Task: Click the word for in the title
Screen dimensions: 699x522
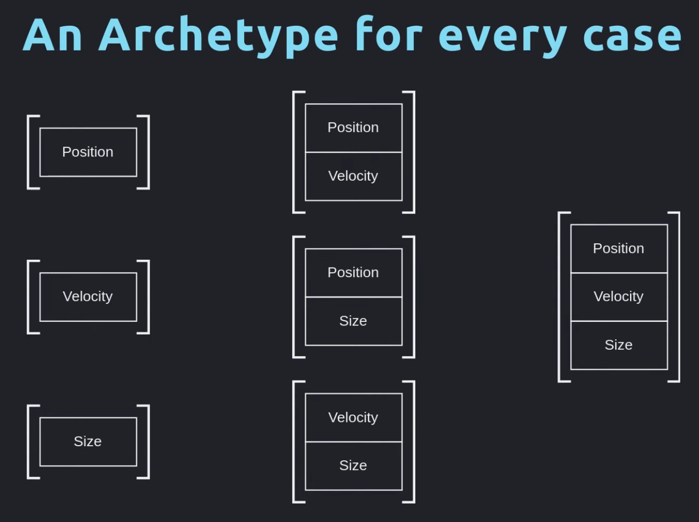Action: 389,33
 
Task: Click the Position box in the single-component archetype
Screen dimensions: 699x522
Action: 88,152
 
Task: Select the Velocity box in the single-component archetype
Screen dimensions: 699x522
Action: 88,297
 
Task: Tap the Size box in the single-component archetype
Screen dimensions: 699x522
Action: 88,442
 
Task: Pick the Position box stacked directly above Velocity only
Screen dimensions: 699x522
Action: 354,128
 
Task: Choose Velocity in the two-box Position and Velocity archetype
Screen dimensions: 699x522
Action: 354,176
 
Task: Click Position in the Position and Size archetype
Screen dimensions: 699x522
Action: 354,273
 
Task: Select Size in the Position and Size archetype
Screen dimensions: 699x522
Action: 354,321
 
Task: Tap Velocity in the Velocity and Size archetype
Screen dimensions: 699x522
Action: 354,418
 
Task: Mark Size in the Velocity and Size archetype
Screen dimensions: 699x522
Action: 354,466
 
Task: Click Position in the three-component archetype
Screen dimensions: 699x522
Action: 619,249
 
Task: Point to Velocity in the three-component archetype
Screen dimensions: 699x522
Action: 619,297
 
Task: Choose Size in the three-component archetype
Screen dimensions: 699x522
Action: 619,346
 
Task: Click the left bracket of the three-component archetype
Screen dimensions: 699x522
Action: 559,297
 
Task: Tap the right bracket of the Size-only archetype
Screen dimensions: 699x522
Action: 148,442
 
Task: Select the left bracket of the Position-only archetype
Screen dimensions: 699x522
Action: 28,152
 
